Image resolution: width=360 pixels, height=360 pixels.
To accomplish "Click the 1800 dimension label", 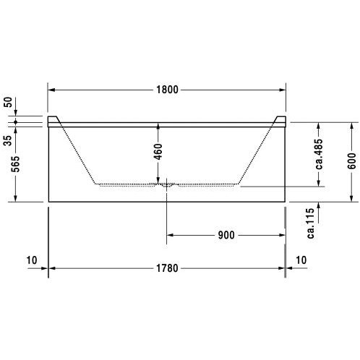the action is [x=167, y=90].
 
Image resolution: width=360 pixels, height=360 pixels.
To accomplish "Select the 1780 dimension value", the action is [x=167, y=268].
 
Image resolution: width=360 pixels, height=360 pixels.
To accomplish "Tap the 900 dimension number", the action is [x=226, y=235].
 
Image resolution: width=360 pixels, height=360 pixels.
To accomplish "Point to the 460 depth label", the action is [x=158, y=152].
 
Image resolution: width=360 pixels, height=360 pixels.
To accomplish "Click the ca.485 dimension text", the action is [x=319, y=154].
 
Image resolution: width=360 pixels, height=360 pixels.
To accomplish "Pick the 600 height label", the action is [x=351, y=160].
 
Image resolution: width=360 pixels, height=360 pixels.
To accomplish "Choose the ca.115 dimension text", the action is [x=311, y=223].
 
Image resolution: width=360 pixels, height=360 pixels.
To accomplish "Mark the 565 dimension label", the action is [x=16, y=164].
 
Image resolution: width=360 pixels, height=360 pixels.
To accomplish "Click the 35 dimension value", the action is [x=8, y=140].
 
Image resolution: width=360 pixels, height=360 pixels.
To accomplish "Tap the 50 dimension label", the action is [x=8, y=102].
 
